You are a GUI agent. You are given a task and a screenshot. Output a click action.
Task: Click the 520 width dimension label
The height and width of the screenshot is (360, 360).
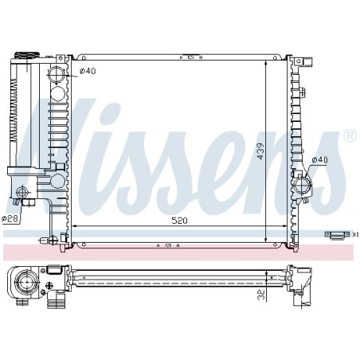(179, 221)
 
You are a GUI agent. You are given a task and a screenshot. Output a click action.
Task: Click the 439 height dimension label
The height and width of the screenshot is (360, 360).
(260, 151)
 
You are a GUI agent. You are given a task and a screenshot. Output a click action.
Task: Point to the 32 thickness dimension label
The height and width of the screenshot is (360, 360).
(262, 295)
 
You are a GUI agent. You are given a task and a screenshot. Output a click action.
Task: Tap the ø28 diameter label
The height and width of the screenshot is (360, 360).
(10, 219)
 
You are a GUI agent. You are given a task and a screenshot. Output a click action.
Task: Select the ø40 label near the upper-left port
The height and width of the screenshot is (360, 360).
(88, 71)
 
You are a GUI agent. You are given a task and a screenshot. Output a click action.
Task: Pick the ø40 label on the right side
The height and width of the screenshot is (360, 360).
(320, 160)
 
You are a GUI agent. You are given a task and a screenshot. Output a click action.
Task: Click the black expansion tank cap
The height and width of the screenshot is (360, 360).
(27, 55)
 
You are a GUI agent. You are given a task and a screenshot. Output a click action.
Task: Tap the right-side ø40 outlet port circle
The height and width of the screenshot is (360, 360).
(302, 185)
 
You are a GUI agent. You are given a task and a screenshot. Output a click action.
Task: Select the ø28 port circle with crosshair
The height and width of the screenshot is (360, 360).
(22, 192)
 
